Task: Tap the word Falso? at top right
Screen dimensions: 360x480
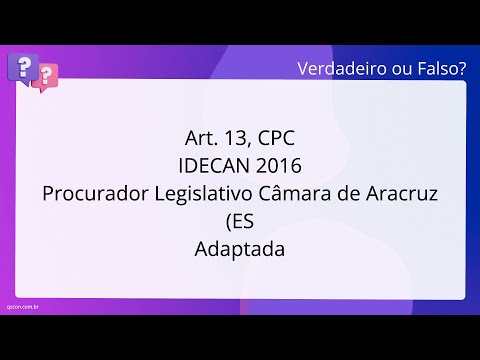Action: click(440, 68)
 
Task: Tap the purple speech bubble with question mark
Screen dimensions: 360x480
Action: click(21, 67)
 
